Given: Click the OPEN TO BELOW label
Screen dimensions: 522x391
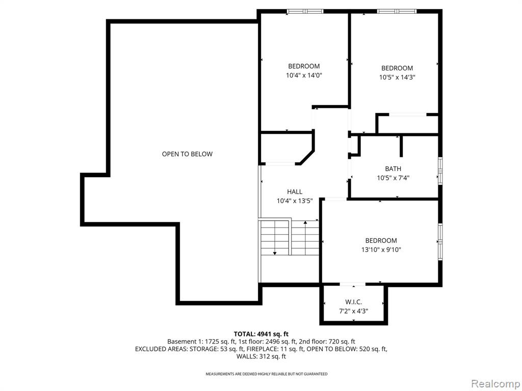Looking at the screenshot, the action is click(x=187, y=154).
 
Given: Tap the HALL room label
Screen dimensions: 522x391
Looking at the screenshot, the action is click(x=295, y=191).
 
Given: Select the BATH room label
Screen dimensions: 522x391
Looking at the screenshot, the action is click(x=393, y=169).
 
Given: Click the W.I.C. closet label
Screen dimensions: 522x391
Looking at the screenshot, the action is click(x=354, y=302).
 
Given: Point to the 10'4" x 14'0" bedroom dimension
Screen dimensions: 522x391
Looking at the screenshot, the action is click(x=304, y=75).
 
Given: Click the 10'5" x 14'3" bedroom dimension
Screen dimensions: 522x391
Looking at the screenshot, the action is click(x=397, y=77).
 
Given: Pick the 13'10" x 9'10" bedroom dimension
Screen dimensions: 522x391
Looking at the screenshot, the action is click(x=381, y=249).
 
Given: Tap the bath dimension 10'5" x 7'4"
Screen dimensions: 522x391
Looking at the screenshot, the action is click(x=393, y=178).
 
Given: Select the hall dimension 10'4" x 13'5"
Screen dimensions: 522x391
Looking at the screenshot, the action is click(x=295, y=201).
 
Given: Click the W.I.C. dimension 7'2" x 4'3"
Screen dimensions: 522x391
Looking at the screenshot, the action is click(x=354, y=311).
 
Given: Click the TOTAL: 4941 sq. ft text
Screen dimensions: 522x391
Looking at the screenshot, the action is click(x=261, y=334).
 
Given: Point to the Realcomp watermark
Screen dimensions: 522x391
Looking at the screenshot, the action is click(x=495, y=384).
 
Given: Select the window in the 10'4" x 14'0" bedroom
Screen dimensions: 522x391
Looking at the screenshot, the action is click(x=305, y=11).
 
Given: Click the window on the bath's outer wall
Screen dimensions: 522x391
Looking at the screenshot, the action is click(x=440, y=171).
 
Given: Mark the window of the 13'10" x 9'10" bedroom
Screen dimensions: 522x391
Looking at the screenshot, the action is click(x=440, y=239).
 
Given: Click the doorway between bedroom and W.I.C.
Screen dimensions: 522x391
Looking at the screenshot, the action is click(x=353, y=284).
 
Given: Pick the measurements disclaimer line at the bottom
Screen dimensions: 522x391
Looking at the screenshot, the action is click(x=266, y=374).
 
